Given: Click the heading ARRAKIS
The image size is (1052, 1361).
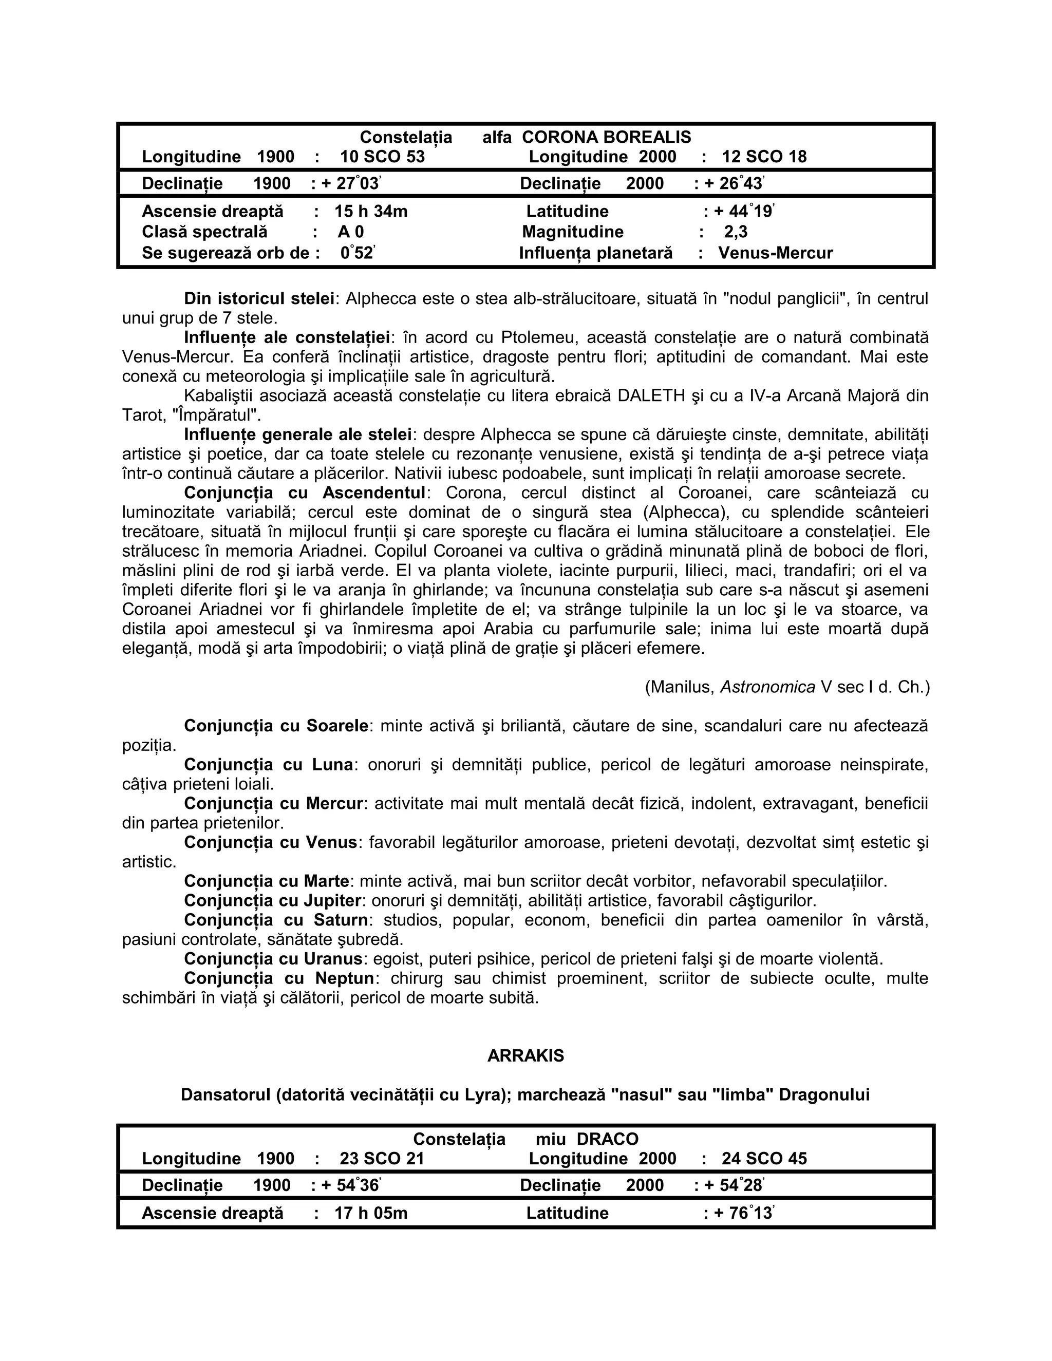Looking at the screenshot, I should pyautogui.click(x=525, y=1055).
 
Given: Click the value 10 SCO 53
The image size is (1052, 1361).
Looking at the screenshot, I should pyautogui.click(x=382, y=157).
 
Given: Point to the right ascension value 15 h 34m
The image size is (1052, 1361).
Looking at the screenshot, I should pyautogui.click(x=371, y=212).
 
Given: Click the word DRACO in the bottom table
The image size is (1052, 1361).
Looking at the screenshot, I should pyautogui.click(x=608, y=1140).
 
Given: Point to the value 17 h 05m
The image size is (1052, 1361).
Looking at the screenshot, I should pyautogui.click(x=371, y=1213).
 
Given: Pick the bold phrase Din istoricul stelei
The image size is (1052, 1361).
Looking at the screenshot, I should pyautogui.click(x=259, y=298).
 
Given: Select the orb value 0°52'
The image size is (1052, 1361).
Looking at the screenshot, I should pyautogui.click(x=358, y=254).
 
